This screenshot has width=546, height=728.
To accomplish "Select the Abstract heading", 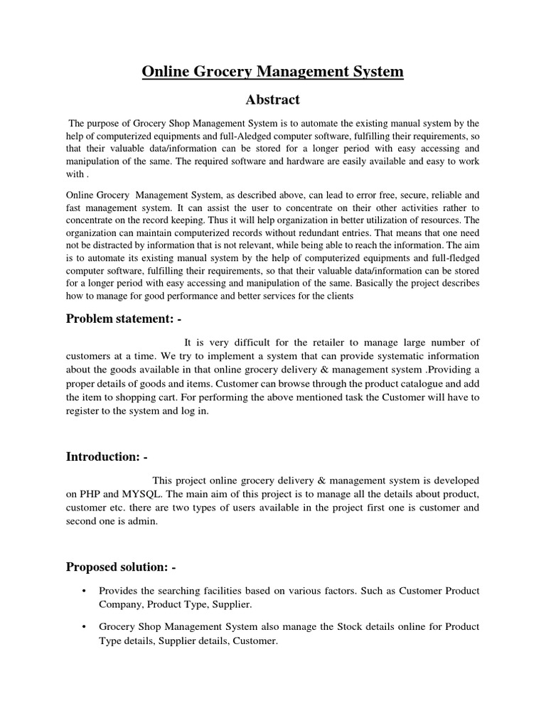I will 272,100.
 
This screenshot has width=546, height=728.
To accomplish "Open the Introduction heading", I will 107,456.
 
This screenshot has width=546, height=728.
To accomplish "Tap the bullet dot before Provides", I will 84,591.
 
